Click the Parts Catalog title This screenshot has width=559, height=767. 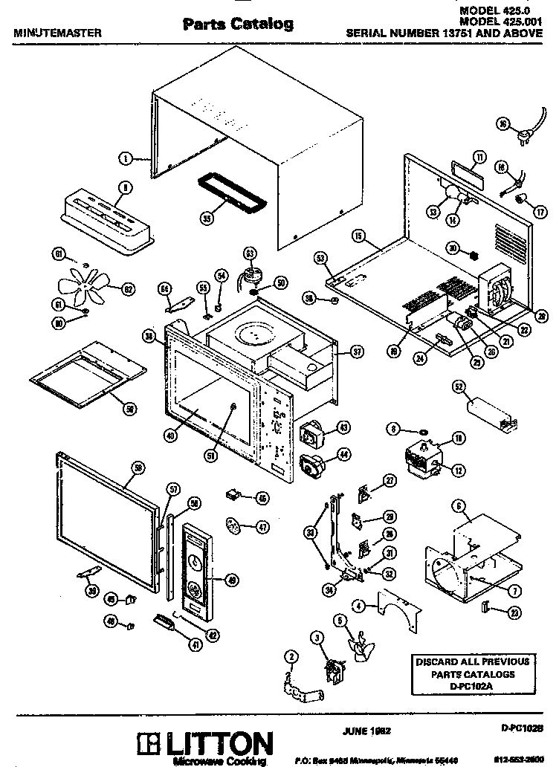(x=238, y=25)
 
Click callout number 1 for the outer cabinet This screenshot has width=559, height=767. (x=126, y=158)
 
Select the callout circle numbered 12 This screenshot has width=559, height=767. (x=459, y=468)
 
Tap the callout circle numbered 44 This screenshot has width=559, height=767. (x=343, y=453)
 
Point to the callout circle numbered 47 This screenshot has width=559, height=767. (x=262, y=526)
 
